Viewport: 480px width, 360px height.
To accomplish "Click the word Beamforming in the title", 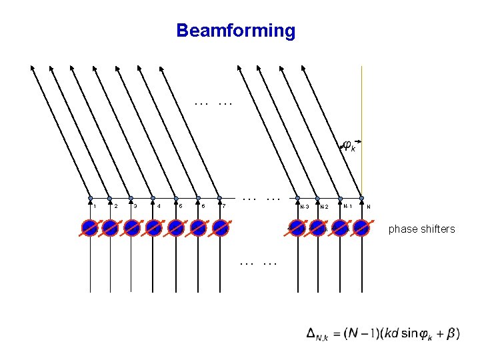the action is [235, 31].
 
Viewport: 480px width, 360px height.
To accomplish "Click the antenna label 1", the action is [94, 206].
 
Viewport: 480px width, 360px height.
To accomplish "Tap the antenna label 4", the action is [159, 206].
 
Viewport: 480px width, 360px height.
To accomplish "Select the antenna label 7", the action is [225, 206].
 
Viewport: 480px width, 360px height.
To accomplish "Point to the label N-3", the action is [304, 207].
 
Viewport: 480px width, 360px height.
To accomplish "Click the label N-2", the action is [325, 207].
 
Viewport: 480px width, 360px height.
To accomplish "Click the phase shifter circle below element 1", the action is [90, 228].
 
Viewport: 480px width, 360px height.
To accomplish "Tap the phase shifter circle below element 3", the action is [132, 228].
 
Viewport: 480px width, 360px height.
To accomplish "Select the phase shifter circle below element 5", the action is [176, 228].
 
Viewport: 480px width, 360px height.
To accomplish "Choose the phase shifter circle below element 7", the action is [220, 228].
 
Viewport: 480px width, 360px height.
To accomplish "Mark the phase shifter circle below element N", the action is [361, 228].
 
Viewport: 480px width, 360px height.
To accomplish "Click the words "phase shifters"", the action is [421, 229].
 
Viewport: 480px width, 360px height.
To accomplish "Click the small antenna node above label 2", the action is [109, 198].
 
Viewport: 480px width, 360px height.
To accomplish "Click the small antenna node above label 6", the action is [197, 198].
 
